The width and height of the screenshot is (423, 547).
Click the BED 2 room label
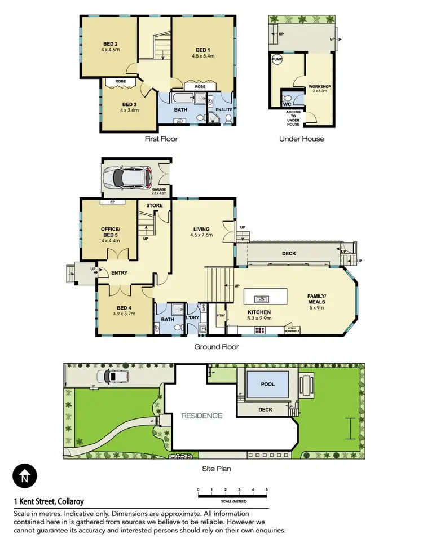[x=110, y=43]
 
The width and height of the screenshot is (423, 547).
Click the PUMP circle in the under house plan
[x=277, y=59]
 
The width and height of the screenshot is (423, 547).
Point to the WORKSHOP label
[x=320, y=87]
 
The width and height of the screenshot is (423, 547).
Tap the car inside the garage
[x=124, y=178]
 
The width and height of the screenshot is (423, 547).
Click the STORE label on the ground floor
[x=155, y=205]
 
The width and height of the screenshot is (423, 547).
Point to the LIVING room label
[x=202, y=228]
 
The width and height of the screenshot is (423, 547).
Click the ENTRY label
[x=119, y=273]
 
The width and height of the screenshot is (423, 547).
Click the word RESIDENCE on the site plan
[x=201, y=416]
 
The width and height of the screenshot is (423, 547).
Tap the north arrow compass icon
[x=24, y=476]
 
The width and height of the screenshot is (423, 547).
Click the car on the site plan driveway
[x=107, y=377]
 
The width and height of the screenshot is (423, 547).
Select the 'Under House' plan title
[x=302, y=139]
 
